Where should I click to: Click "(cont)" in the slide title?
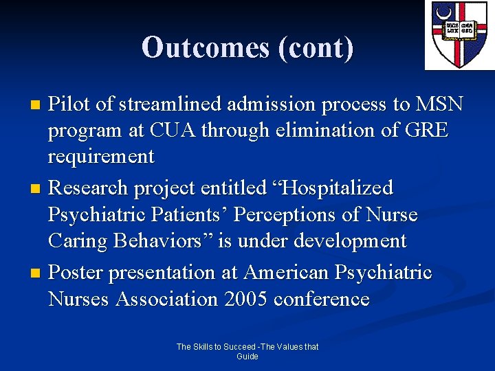(x=315, y=47)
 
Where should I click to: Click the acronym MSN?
(x=439, y=104)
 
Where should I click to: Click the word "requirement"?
(x=101, y=157)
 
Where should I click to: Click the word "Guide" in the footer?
(x=247, y=357)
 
